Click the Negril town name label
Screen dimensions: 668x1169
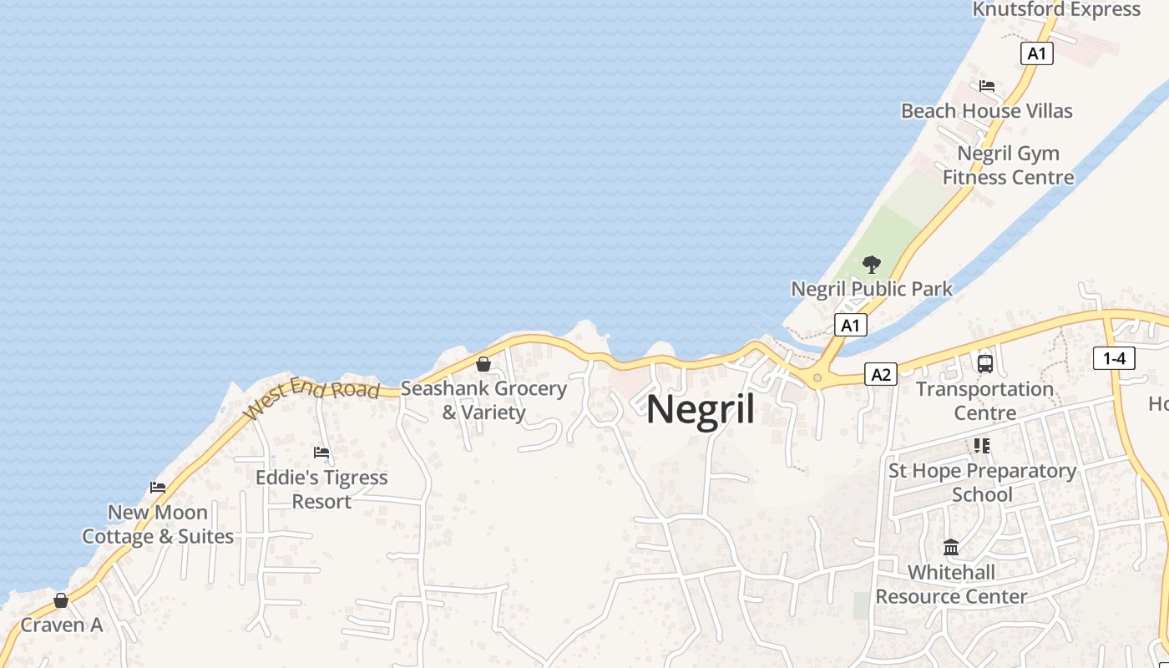tap(701, 411)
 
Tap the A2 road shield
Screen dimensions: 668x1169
tap(880, 374)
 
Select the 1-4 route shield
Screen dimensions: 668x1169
tap(1114, 358)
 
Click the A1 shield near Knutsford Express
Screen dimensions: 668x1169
tap(1036, 53)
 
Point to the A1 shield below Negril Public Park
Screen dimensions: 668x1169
tap(850, 325)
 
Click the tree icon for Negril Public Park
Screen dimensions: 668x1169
tap(872, 266)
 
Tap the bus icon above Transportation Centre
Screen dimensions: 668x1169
tap(985, 364)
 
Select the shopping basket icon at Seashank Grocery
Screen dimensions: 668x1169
tap(483, 364)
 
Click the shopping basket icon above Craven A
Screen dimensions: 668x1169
tap(61, 600)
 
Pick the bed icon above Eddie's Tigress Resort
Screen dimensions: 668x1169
tap(321, 453)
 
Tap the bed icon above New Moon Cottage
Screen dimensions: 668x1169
tap(158, 488)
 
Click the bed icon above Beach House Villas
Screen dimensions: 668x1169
tap(987, 86)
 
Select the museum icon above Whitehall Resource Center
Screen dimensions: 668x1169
tap(951, 548)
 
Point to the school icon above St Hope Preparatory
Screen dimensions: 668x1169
tap(982, 446)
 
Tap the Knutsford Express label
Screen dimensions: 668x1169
tap(1056, 10)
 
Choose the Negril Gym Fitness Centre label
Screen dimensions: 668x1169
tap(1008, 165)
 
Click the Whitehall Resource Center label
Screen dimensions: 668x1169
tap(951, 584)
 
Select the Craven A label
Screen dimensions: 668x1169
tap(61, 625)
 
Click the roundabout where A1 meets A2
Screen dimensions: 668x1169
tap(817, 378)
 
